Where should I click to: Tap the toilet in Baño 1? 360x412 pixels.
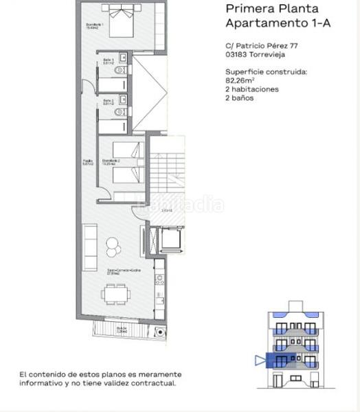tap(121, 71)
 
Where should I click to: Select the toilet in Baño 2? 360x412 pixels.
tap(121, 112)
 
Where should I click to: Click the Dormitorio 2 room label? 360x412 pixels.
tap(112, 162)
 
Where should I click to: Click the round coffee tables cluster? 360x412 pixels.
tap(111, 246)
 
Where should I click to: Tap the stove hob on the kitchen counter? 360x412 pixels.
tap(159, 279)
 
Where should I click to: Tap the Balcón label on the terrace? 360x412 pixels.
tap(122, 328)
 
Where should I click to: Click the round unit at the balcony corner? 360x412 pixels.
tap(159, 332)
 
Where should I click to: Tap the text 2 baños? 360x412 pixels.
tap(240, 98)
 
